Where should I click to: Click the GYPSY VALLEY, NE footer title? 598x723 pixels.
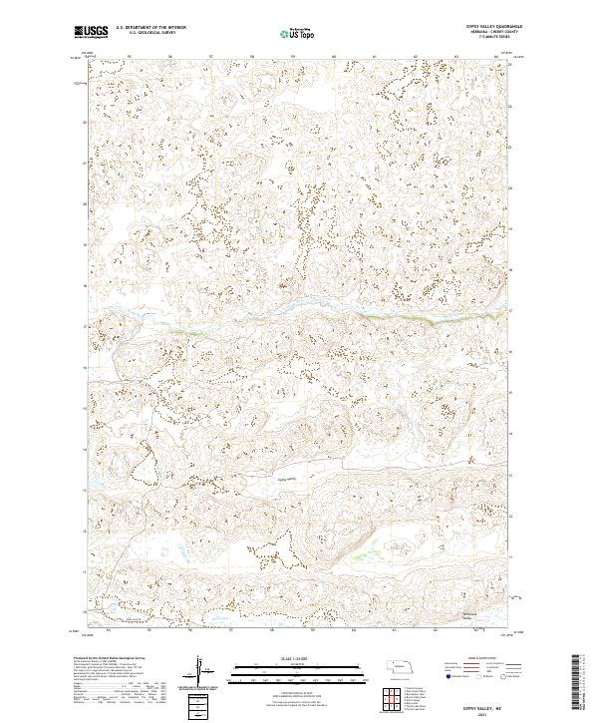[486, 700]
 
